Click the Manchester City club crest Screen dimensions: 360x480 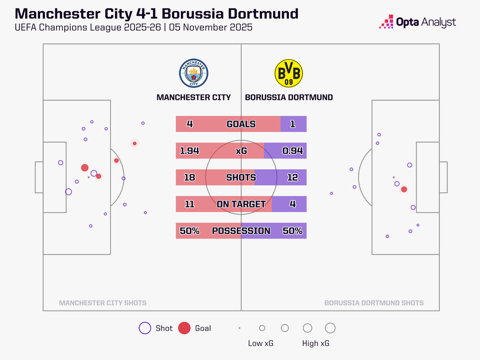194,73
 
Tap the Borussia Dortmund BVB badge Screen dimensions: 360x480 288,73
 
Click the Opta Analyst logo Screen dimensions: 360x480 418,22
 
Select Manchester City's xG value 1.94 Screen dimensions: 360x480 189,151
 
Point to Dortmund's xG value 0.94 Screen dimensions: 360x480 292,151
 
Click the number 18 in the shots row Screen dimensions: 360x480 189,177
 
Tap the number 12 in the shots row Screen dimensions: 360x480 292,177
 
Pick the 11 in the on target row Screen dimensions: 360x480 189,204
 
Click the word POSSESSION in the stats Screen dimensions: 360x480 241,231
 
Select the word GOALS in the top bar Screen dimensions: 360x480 241,124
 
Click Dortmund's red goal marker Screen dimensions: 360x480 404,189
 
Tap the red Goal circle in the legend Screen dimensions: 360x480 184,328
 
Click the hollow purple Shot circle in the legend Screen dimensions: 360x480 145,328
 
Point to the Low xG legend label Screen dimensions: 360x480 261,343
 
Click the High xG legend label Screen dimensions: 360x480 316,343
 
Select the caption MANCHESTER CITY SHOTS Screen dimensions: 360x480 103,303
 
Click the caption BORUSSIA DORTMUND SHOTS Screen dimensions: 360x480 374,303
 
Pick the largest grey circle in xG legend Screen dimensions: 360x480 330,328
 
